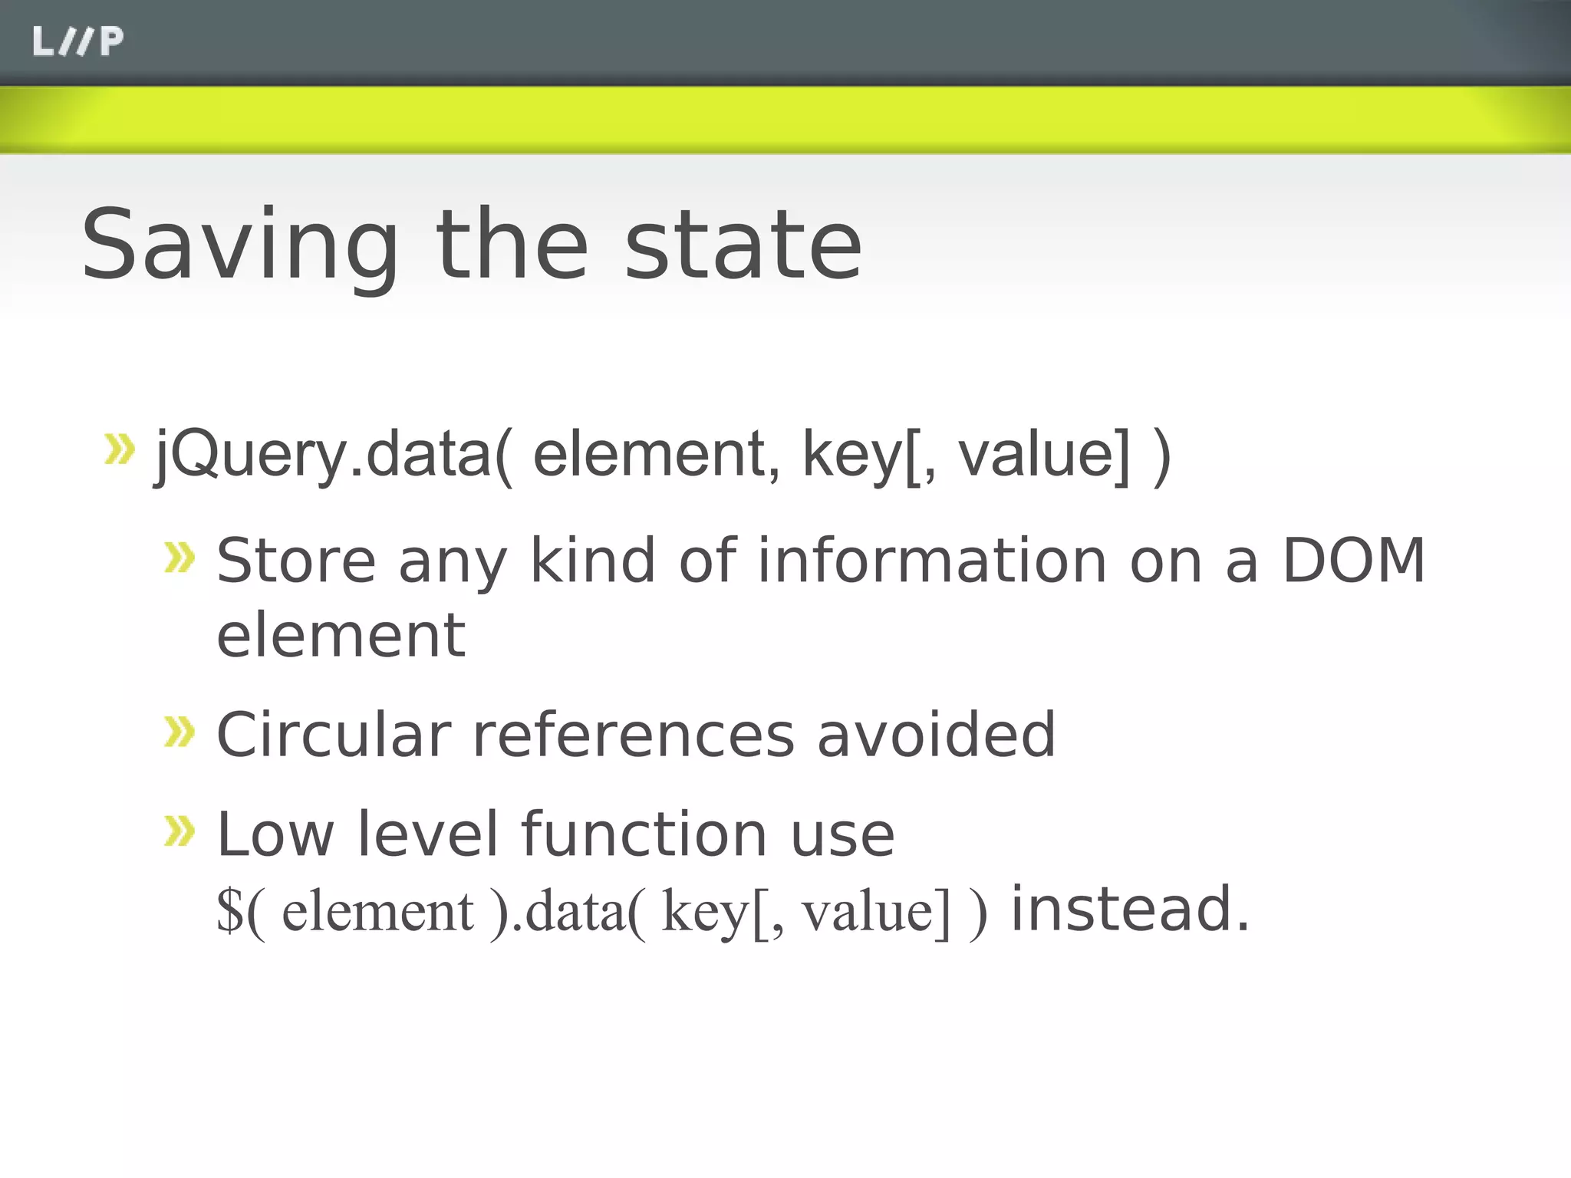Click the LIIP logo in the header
77,41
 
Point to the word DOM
1353,561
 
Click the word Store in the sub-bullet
296,561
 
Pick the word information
932,561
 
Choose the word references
634,735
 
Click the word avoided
936,735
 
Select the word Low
275,834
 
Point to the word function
644,834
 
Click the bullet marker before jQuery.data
119,449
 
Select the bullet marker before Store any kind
180,558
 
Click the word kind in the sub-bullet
593,561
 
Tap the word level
428,834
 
